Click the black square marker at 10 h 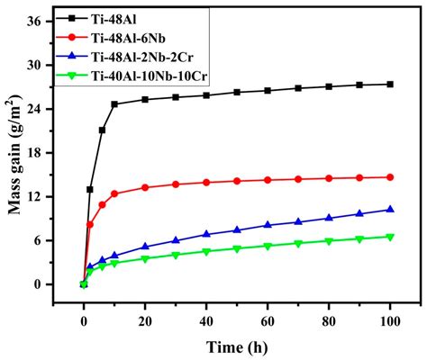[x=114, y=104]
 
